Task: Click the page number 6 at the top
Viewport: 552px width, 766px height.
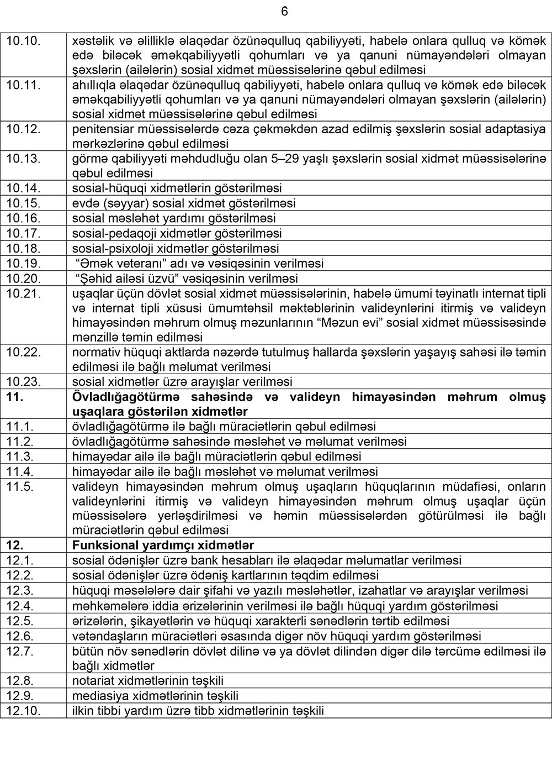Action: (284, 12)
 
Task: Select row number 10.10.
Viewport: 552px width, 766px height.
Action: (24, 40)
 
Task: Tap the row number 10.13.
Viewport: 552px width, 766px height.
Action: (24, 159)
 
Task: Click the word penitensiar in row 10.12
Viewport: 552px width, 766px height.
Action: (102, 129)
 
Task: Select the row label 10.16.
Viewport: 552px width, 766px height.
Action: (24, 218)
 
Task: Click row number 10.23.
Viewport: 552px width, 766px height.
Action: (24, 382)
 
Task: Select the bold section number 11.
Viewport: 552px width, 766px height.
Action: (14, 397)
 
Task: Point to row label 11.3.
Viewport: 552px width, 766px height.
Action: (20, 457)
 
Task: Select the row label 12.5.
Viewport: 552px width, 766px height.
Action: (20, 621)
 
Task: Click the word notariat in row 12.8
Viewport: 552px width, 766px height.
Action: (93, 680)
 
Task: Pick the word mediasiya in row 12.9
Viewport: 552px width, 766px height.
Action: (97, 695)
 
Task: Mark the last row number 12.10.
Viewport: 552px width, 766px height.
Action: (24, 711)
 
